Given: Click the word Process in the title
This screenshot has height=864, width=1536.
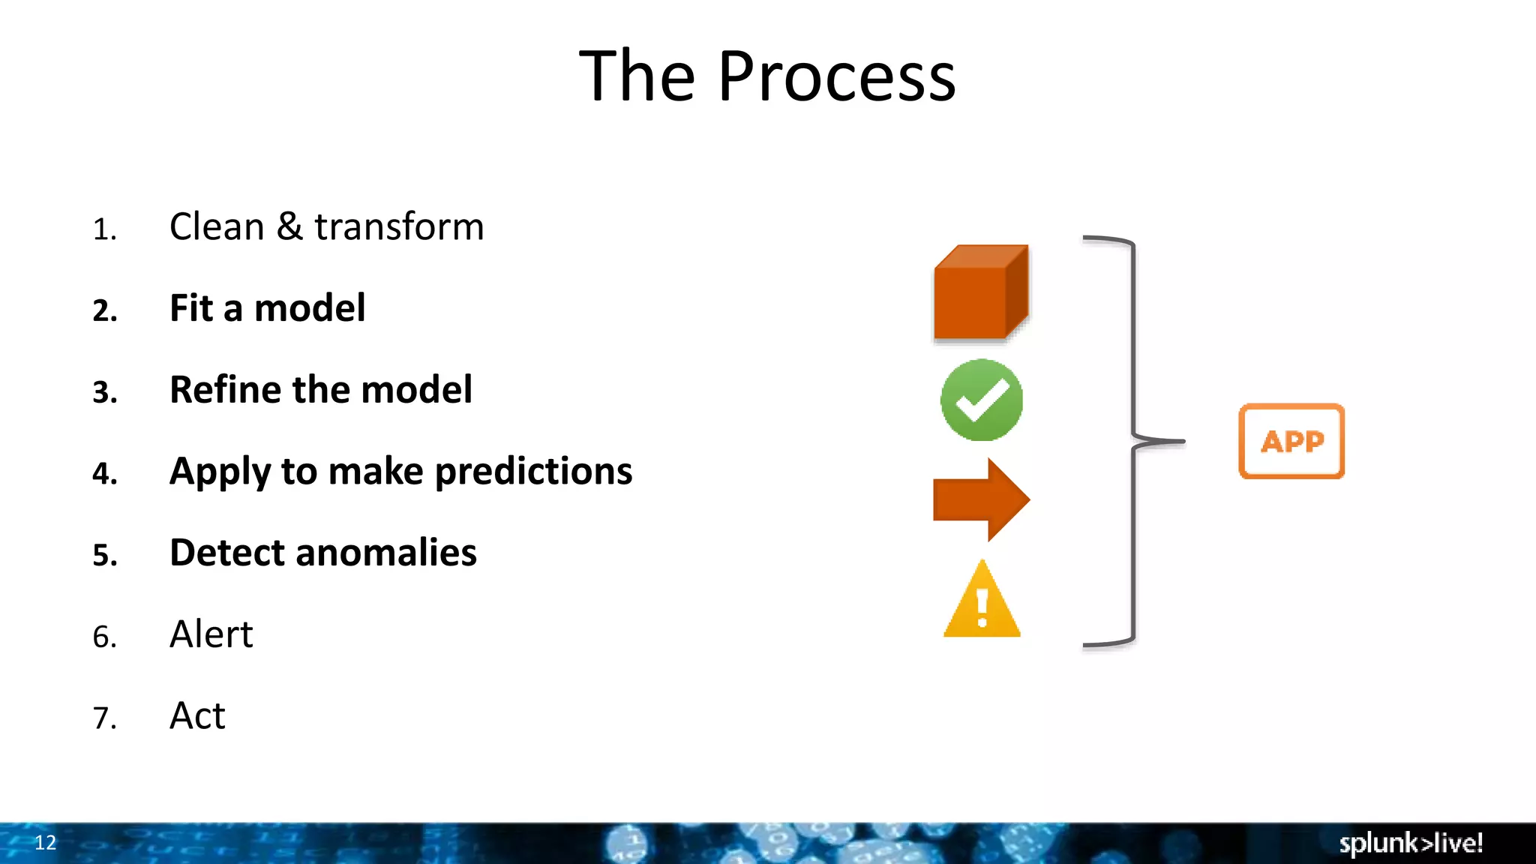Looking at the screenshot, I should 836,76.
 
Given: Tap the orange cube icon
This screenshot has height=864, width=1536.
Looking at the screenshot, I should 980,293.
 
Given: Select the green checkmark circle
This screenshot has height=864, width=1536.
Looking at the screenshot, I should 981,400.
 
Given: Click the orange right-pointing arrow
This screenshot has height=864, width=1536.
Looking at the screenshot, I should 981,499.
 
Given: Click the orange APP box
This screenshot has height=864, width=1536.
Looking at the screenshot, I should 1291,441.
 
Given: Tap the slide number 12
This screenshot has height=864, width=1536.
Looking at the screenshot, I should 45,842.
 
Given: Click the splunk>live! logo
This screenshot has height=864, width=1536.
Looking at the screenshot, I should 1411,843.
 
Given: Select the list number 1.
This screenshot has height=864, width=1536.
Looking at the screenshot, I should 104,229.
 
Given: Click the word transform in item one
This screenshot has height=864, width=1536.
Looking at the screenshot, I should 399,226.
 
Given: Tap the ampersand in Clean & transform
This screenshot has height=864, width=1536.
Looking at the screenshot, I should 289,226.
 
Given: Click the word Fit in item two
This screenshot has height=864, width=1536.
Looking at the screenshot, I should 191,308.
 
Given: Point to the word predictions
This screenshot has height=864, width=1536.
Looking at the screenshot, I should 533,472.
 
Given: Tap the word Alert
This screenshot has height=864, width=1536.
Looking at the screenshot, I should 211,634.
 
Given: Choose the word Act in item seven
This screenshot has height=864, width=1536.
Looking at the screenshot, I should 197,715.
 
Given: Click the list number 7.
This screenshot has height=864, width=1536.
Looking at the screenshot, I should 104,718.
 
